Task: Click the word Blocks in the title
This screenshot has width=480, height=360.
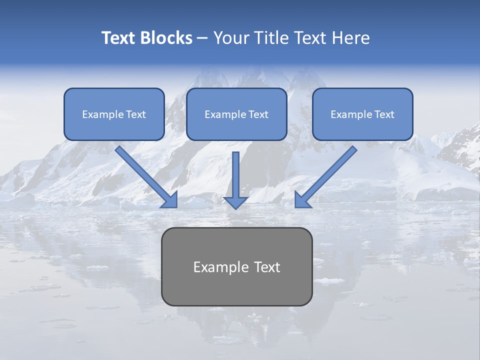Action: pyautogui.click(x=167, y=38)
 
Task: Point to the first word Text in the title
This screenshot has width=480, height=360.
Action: pyautogui.click(x=119, y=38)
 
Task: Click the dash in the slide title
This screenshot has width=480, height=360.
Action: pyautogui.click(x=202, y=38)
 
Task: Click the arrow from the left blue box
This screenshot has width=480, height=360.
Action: pyautogui.click(x=145, y=175)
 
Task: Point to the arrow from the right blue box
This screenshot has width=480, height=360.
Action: pyautogui.click(x=327, y=175)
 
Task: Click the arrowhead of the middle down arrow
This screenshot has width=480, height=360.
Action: pyautogui.click(x=236, y=202)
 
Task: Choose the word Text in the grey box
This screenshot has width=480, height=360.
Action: pyautogui.click(x=265, y=267)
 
